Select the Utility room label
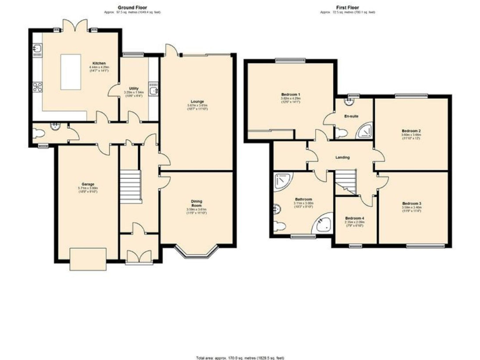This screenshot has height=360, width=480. [x=134, y=89]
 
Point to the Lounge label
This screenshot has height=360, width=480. [x=197, y=101]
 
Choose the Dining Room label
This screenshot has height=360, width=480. [x=197, y=202]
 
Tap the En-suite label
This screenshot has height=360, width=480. [x=351, y=116]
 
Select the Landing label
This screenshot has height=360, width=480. [x=342, y=157]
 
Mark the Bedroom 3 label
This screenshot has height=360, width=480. [x=411, y=204]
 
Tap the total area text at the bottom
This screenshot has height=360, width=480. [x=239, y=357]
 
